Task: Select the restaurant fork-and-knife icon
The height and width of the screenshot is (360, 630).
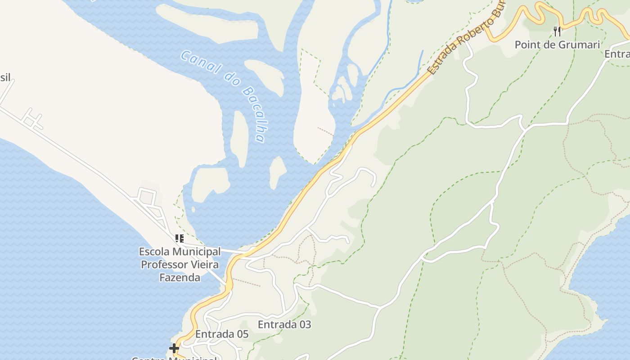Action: point(557,31)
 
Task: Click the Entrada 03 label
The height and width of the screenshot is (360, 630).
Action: point(284,324)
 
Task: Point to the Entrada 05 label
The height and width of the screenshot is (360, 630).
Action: point(222,334)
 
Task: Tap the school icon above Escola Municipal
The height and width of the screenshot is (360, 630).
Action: point(180,238)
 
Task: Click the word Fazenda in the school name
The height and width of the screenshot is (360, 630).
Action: point(180,278)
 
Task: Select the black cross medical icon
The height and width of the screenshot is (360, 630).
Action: point(174,348)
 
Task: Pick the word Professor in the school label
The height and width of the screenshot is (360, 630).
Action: point(165,265)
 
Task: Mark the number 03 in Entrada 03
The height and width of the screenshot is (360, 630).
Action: point(304,324)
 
